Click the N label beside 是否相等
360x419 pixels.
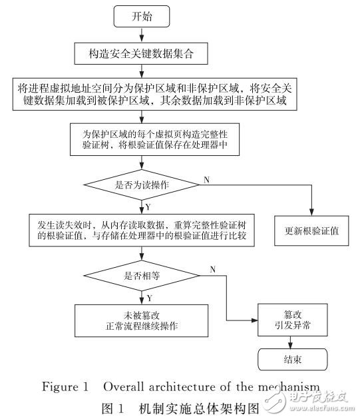(x=212, y=268)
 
